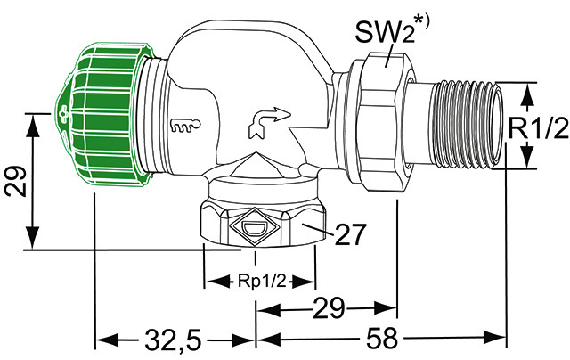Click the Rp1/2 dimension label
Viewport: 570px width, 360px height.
pyautogui.click(x=260, y=281)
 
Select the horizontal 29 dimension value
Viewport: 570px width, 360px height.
pyautogui.click(x=326, y=310)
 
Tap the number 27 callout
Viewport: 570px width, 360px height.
pyautogui.click(x=348, y=235)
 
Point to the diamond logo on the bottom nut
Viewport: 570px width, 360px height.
pyautogui.click(x=252, y=226)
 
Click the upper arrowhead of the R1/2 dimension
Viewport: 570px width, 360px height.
pyautogui.click(x=527, y=90)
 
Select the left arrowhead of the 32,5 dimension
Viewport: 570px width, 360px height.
pyautogui.click(x=101, y=340)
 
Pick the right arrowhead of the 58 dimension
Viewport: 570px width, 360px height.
pyautogui.click(x=501, y=340)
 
